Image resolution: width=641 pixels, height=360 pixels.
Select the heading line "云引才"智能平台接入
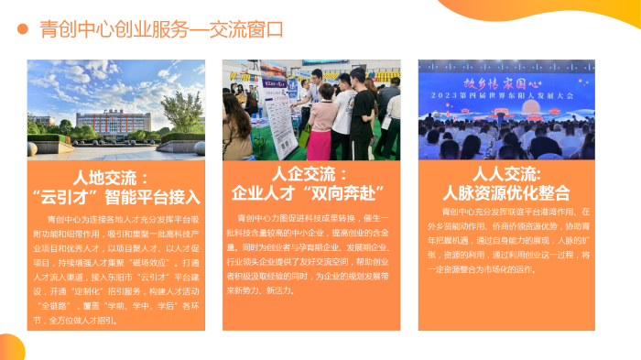pyautogui.click(x=115, y=196)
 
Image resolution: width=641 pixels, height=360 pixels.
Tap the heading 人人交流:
pyautogui.click(x=506, y=173)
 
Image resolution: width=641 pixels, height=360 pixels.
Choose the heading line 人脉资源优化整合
pyautogui.click(x=506, y=192)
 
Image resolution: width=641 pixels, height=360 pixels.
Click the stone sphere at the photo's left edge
pyautogui.click(x=33, y=128)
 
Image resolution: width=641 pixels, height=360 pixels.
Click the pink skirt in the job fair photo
pyautogui.click(x=320, y=142)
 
